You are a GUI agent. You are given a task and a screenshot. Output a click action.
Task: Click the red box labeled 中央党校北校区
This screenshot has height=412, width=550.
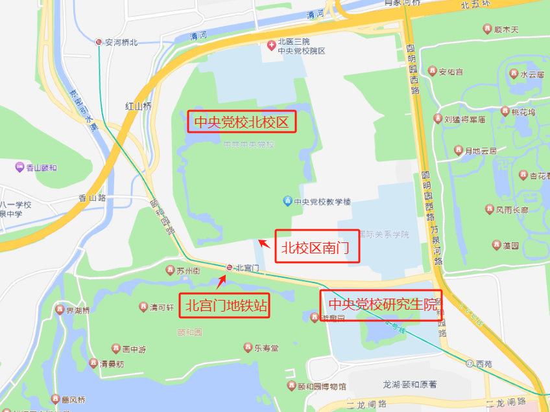pos(242,121)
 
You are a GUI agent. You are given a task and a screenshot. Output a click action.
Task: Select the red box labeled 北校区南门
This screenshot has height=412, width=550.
pos(317,246)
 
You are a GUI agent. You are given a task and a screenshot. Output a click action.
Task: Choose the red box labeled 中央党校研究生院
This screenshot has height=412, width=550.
pos(381,304)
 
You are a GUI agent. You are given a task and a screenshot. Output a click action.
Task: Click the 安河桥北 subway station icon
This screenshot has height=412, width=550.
pos(99,42)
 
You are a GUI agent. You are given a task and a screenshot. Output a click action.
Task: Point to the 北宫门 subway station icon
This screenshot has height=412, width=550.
pos(229,268)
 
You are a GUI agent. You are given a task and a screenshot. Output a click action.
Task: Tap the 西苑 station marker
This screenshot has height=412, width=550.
pos(470,364)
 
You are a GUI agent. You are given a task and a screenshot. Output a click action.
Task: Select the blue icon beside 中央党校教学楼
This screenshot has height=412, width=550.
pos(287,201)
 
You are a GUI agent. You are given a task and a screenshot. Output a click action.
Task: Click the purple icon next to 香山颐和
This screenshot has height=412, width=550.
pos(19,168)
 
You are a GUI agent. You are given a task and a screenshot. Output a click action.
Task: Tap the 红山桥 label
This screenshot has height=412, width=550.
pos(138,106)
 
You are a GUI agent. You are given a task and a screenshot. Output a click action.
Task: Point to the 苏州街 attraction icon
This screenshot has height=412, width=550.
pos(171,271)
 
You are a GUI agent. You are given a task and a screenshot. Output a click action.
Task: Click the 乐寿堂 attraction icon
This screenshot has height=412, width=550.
pos(247,348)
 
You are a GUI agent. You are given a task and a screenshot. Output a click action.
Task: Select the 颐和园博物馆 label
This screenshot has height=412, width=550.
pos(322,387)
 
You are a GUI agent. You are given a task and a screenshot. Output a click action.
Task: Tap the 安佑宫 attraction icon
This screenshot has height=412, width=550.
pos(432,71)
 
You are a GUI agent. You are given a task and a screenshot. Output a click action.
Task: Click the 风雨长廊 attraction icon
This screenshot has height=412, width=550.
pos(490,209)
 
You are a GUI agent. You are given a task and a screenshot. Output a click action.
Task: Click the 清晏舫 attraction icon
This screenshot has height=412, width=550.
pos(93,363)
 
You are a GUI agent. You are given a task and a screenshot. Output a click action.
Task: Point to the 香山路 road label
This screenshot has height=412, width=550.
pos(92,198)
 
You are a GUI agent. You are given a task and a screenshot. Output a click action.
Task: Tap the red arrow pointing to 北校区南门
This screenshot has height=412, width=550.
pos(264,244)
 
